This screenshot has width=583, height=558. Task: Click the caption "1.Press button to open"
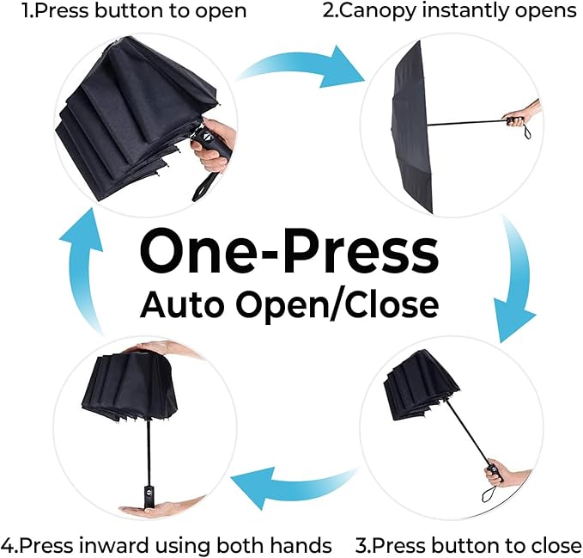pyautogui.click(x=124, y=11)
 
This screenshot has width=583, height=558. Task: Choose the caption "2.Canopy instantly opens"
pyautogui.click(x=450, y=11)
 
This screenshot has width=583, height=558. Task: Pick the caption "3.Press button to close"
pyautogui.click(x=469, y=545)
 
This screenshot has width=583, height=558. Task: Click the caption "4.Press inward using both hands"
pyautogui.click(x=167, y=545)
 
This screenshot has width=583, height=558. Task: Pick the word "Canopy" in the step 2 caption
pyautogui.click(x=371, y=12)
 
